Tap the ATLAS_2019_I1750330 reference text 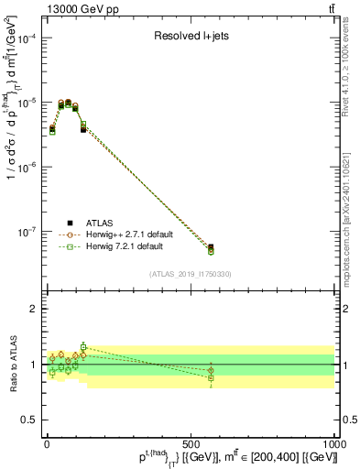coord(191,274)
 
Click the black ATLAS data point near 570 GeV coord(211,247)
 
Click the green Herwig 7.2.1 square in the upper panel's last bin coord(211,252)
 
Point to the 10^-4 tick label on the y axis coord(27,38)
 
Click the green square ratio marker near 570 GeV coord(211,377)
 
